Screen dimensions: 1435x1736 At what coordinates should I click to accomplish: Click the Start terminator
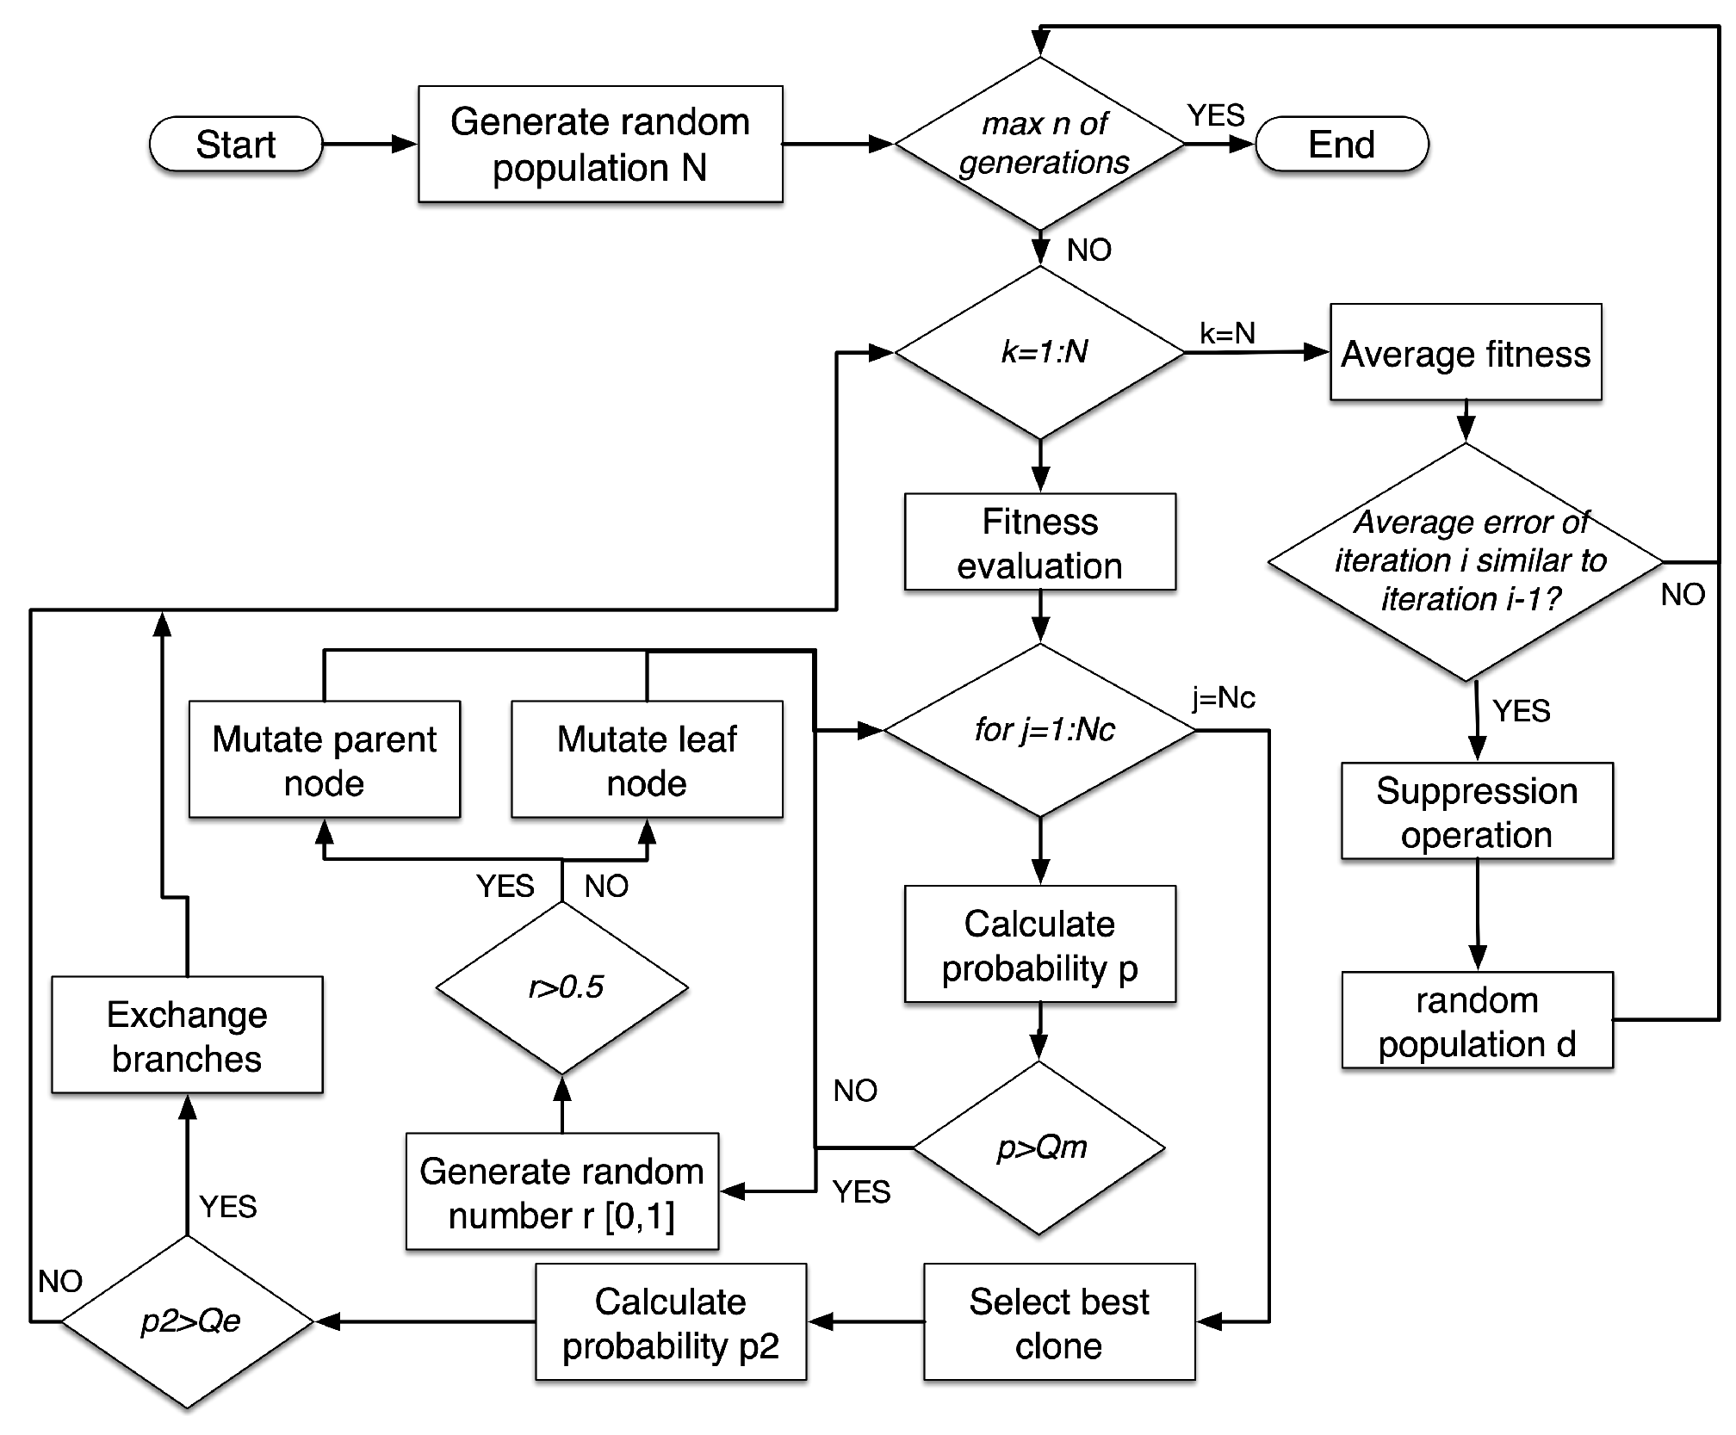(235, 144)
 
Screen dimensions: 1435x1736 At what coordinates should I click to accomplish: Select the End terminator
(1341, 144)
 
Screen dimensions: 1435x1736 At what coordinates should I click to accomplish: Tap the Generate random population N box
(600, 144)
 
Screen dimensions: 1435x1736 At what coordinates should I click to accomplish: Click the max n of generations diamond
(1040, 144)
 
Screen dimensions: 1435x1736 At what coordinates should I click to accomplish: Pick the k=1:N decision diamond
(1040, 352)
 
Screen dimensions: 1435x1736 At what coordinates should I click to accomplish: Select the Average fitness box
(1465, 353)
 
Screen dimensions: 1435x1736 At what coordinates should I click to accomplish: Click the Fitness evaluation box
(1039, 542)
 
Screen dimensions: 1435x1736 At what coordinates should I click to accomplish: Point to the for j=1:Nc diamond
(1040, 730)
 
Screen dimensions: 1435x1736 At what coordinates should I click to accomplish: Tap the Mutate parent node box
(324, 760)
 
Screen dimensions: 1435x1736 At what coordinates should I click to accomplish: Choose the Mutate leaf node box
(647, 760)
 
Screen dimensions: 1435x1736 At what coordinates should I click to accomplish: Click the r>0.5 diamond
(562, 987)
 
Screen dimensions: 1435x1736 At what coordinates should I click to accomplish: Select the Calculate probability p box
(1039, 944)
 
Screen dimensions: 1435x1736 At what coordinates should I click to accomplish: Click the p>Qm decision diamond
(1039, 1147)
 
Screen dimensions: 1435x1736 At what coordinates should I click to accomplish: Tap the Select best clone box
(1058, 1322)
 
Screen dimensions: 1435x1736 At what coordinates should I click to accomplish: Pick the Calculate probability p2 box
(670, 1322)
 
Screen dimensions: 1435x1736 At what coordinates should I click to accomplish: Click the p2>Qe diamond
(188, 1321)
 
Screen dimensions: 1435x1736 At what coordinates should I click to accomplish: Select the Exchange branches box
(187, 1036)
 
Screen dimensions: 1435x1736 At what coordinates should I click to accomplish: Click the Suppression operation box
(1476, 811)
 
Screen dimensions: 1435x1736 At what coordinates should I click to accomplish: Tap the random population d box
(1476, 1021)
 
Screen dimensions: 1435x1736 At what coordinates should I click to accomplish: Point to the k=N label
(1227, 333)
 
